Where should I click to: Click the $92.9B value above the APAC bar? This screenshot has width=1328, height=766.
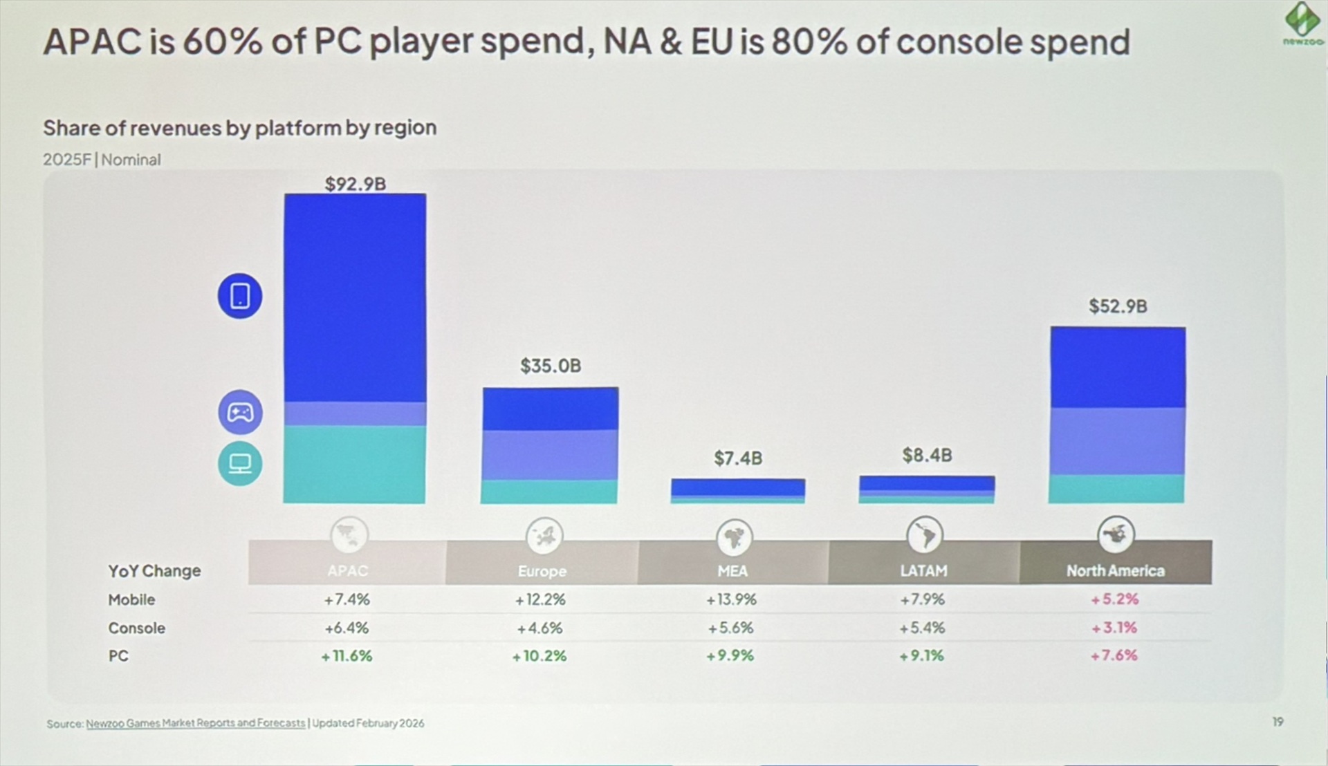point(356,184)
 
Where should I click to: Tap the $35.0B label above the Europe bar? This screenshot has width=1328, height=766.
point(551,366)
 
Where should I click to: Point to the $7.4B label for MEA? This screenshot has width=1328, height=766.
point(738,458)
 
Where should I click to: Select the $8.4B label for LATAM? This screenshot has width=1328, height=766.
point(927,456)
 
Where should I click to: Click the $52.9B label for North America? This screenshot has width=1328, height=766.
point(1118,306)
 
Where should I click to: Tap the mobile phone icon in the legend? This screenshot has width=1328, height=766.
point(240,296)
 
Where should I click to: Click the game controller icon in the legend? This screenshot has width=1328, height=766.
point(240,413)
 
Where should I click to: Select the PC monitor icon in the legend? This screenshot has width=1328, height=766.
point(240,463)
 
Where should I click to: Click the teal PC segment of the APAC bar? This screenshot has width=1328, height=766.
point(354,464)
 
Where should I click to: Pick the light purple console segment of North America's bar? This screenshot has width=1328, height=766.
point(1117,441)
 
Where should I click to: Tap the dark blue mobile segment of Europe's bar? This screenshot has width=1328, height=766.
point(551,409)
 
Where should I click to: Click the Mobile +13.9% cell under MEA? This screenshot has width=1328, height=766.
point(732,599)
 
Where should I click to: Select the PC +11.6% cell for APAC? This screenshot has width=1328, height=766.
point(347,655)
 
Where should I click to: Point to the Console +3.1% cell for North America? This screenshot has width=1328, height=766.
point(1114,628)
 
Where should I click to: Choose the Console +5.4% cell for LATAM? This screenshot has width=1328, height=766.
point(922,628)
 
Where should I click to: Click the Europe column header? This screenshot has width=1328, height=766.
point(542,571)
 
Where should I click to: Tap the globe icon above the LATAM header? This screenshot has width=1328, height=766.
point(924,534)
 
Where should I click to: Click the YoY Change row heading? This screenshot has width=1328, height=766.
point(154,571)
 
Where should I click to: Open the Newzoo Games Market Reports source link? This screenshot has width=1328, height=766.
point(195,723)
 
